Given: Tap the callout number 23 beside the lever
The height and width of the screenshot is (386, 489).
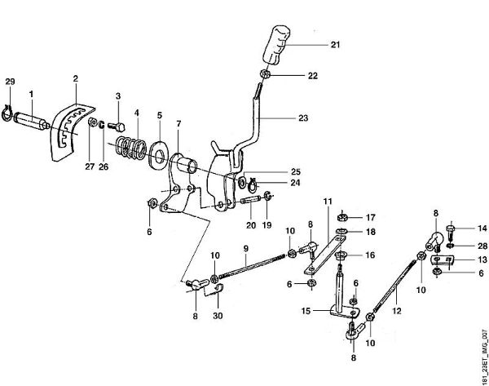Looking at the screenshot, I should [x=303, y=118].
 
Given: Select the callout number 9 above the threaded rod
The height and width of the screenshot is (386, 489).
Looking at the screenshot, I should [x=244, y=248].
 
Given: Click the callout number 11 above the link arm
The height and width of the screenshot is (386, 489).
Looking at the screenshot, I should [x=328, y=201].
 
